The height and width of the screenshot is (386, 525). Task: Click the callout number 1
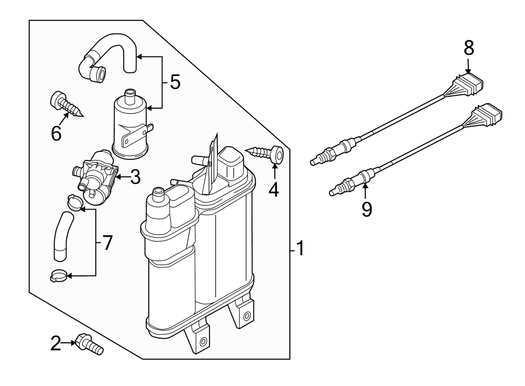(x=299, y=249)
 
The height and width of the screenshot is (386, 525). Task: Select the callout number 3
(x=135, y=177)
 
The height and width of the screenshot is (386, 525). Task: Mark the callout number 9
(x=366, y=209)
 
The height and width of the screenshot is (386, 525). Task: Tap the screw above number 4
(x=267, y=154)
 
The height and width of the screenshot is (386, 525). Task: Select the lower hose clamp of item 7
(x=58, y=274)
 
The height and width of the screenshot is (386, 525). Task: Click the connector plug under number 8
(x=471, y=84)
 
